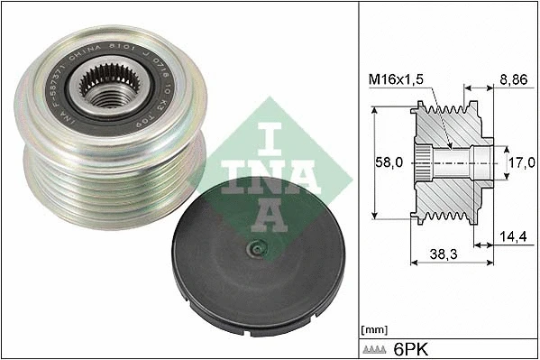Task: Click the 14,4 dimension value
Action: (x=512, y=236)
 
